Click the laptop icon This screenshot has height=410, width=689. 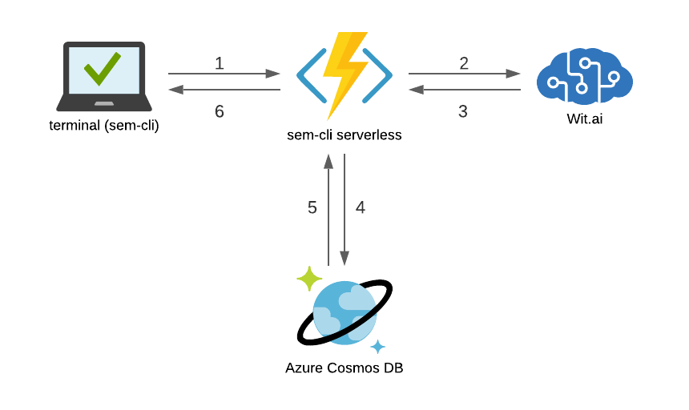coord(104,77)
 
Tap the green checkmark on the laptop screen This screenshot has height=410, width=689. coord(103,68)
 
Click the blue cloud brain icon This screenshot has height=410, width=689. coord(585,76)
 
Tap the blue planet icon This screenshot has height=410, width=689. coord(344,312)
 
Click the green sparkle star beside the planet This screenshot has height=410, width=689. coord(309,279)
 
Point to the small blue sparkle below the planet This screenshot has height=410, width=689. coord(378,347)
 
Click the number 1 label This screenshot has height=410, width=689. coord(220,63)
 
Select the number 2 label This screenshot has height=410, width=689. coord(464,63)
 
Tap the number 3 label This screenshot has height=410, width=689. coord(463,112)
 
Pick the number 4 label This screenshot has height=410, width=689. coord(361,207)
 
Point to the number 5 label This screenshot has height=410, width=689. coord(312,207)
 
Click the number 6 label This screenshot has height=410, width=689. coord(220,112)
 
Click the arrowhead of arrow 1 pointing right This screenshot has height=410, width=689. coord(274,74)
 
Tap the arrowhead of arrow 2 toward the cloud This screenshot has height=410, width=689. coord(514,74)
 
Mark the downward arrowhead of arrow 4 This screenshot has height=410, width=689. coord(344,259)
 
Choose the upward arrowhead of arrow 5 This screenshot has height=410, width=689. coord(328,161)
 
